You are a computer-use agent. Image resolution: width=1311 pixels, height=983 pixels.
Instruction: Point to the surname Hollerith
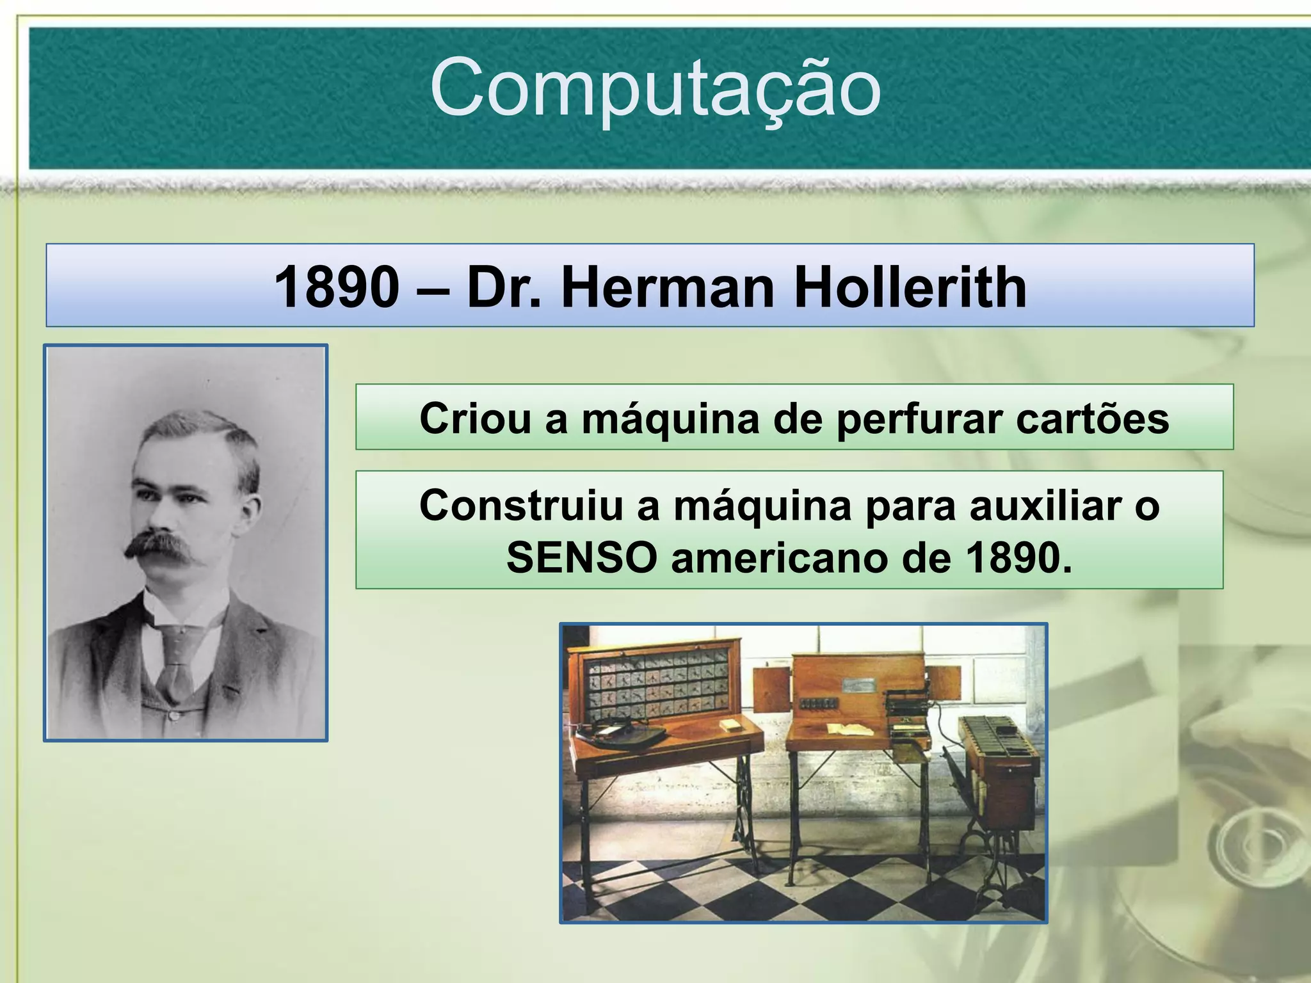click(x=910, y=287)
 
